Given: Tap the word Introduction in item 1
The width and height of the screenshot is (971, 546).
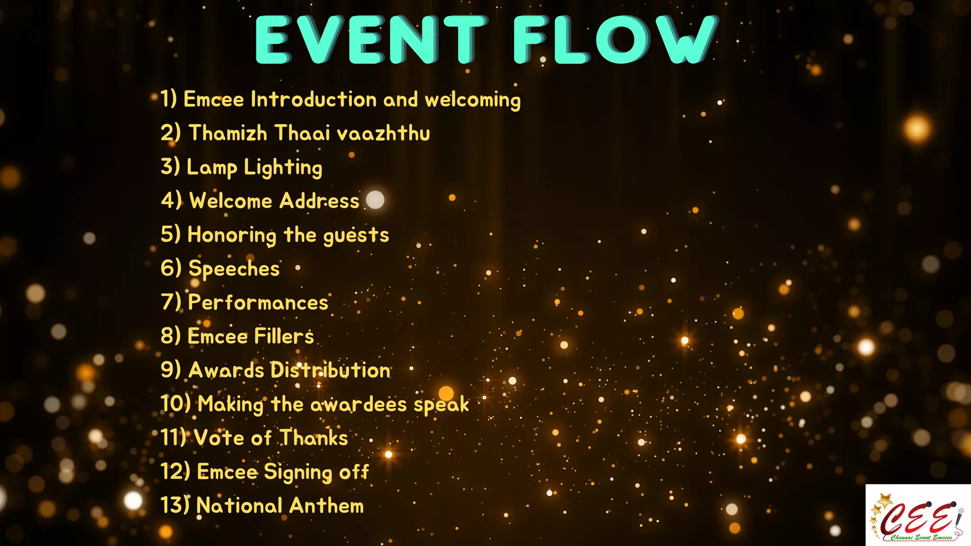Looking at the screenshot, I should coord(313,100).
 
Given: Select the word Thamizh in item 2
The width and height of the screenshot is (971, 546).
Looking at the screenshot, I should coord(228,133).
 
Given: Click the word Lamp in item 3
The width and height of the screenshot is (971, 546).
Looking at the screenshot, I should coord(211,168).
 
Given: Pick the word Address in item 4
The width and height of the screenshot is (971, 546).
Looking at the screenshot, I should coord(319,201).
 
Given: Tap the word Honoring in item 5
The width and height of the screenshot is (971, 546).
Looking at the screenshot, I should coord(232,236).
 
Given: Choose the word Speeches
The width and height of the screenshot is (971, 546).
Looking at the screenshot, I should coord(234,269).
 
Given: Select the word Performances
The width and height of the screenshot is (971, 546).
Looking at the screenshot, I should coord(258,302).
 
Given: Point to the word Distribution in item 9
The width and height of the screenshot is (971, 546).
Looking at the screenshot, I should coord(330,370).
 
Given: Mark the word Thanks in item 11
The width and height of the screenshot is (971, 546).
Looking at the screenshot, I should coord(313,438).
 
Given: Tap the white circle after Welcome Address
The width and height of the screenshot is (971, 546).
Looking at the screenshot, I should coord(375,200).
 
